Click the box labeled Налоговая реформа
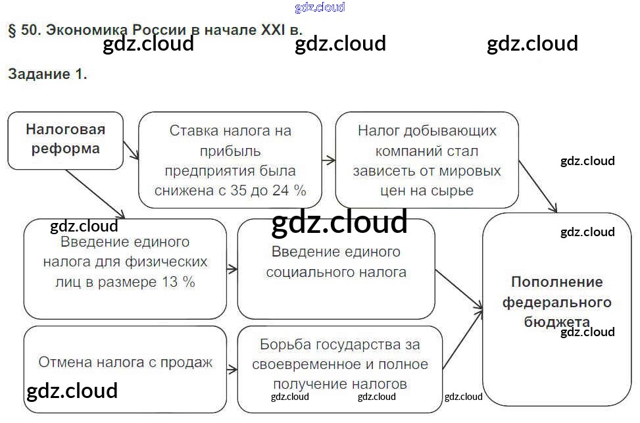coord(65,139)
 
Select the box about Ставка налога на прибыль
coord(230,160)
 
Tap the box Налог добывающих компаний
coord(427,160)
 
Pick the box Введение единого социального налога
coord(335,268)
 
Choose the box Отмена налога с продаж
coord(125,362)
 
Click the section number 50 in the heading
coord(30,31)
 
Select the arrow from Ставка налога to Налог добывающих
coord(328,160)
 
